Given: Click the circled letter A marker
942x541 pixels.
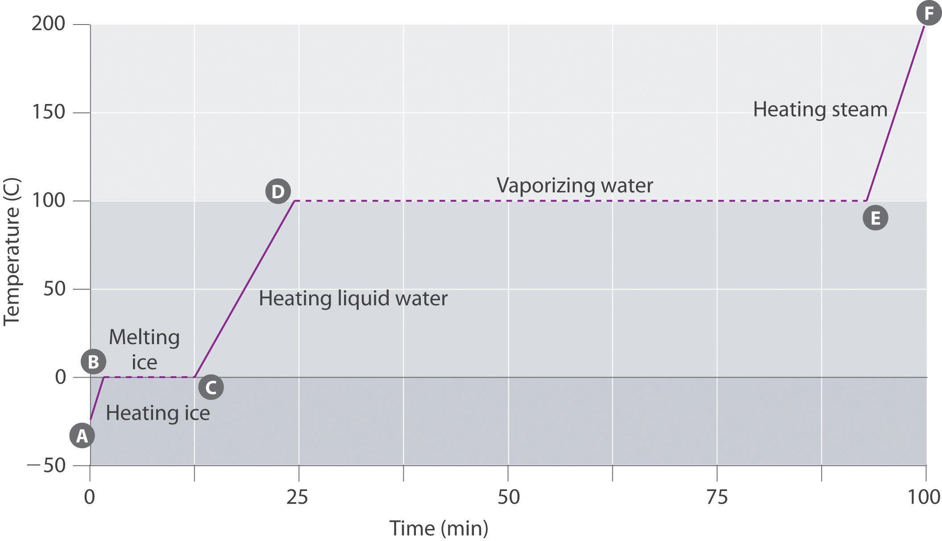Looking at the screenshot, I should [x=82, y=436].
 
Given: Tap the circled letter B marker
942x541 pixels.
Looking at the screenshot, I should [x=93, y=362].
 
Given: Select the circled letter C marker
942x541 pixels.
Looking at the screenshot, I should [x=211, y=387].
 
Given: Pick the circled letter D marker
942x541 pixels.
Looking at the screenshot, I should [x=278, y=191].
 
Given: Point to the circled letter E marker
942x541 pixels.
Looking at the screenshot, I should [x=875, y=218].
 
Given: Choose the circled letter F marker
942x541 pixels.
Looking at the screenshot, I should [x=929, y=13].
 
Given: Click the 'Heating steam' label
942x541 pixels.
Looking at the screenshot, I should [x=820, y=109].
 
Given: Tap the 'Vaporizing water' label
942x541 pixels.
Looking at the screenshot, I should [x=575, y=185].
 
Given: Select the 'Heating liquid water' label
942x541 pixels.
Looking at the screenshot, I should [x=353, y=298].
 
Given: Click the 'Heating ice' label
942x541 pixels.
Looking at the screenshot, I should [x=158, y=413].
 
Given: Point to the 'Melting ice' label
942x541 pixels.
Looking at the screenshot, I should [x=144, y=349].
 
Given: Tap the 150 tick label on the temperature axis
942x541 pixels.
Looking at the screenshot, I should [x=48, y=112].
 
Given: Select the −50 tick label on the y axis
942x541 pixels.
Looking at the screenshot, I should [x=46, y=466].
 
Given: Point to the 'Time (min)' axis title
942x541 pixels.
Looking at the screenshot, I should [x=439, y=529].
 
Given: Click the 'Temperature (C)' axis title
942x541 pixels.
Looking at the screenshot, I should [x=12, y=252].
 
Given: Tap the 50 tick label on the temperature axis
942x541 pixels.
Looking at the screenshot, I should [x=54, y=289].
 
